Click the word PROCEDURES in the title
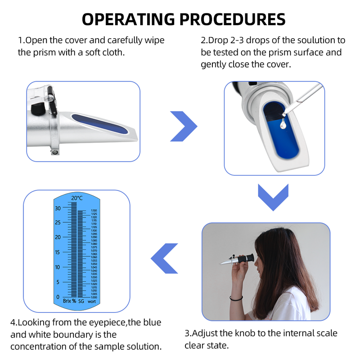click(x=233, y=19)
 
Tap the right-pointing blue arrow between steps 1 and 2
click(x=183, y=126)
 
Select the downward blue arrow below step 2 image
click(x=273, y=197)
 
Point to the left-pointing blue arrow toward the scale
click(x=164, y=258)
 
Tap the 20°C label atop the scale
click(x=77, y=198)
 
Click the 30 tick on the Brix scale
click(x=58, y=208)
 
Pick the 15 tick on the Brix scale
click(x=58, y=252)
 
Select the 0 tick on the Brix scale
click(x=58, y=297)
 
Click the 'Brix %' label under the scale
click(x=69, y=301)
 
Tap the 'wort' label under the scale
click(x=92, y=301)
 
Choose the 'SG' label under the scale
click(x=81, y=301)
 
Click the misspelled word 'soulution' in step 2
click(x=309, y=40)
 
